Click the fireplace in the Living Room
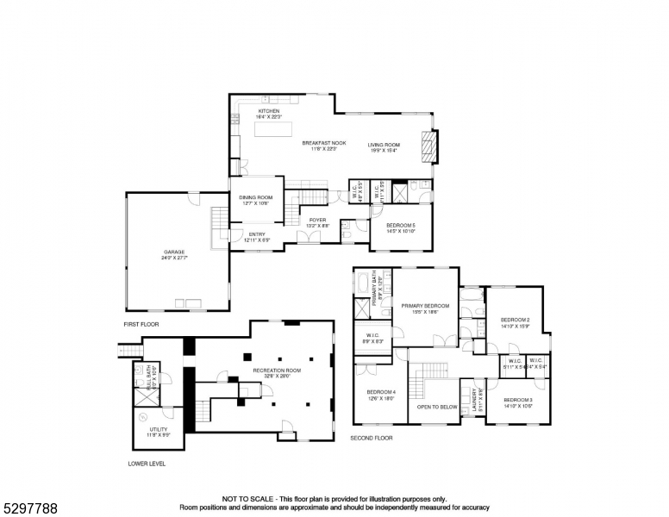[x=428, y=146]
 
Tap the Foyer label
[x=317, y=221]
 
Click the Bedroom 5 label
[x=401, y=227]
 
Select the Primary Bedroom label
[x=425, y=308]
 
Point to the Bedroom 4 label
[x=381, y=395]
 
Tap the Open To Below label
[x=437, y=407]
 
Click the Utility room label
[x=158, y=431]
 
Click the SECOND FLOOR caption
[x=371, y=438]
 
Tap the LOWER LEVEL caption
[x=146, y=464]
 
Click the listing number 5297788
[x=29, y=508]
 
